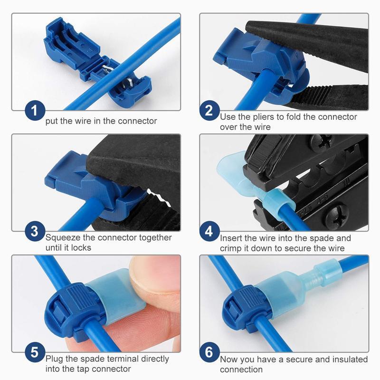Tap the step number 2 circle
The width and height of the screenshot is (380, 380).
[x=209, y=112]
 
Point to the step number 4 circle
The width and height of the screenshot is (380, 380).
[x=209, y=232]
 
